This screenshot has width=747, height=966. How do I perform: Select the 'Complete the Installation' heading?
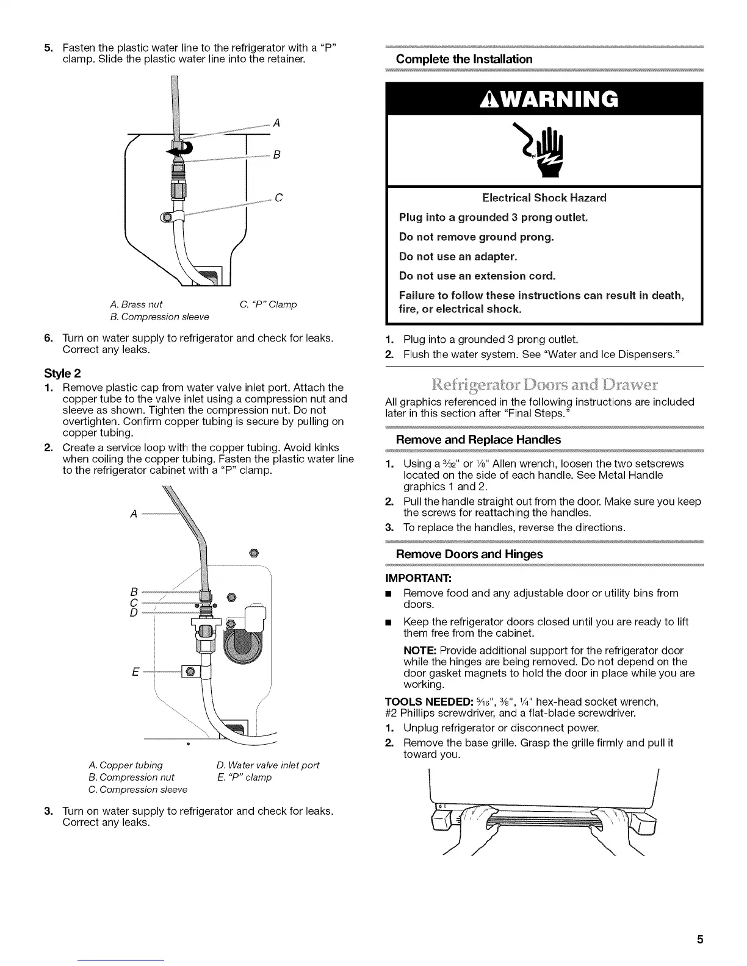[464, 59]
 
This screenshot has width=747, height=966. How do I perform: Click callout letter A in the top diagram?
[276, 123]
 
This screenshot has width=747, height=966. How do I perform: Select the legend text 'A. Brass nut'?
[136, 304]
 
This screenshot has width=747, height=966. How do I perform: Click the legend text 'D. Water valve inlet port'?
[267, 765]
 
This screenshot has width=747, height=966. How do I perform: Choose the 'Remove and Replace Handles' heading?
[478, 439]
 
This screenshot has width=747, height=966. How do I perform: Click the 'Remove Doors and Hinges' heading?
[469, 554]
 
